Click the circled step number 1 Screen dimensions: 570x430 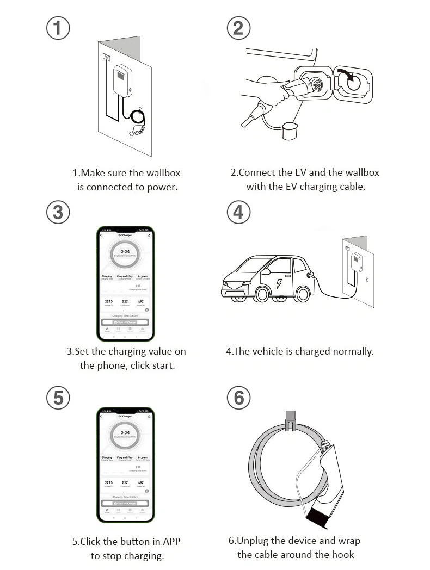point(58,27)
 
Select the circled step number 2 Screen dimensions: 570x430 point(238,27)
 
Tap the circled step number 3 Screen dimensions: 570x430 point(58,212)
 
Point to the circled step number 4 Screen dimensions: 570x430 point(238,212)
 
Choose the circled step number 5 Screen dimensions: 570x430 point(58,398)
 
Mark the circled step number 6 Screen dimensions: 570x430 point(238,398)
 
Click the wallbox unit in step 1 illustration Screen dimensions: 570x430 point(122,81)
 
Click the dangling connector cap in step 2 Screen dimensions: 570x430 point(290,131)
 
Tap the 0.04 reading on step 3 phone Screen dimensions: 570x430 point(125,252)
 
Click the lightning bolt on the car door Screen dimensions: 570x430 point(279,283)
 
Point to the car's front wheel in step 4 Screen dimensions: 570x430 point(262,294)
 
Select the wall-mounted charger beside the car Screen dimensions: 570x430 point(357,263)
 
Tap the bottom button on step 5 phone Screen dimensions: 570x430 point(125,503)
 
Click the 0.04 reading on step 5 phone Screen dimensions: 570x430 point(125,433)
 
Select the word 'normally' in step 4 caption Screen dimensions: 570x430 point(353,351)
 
